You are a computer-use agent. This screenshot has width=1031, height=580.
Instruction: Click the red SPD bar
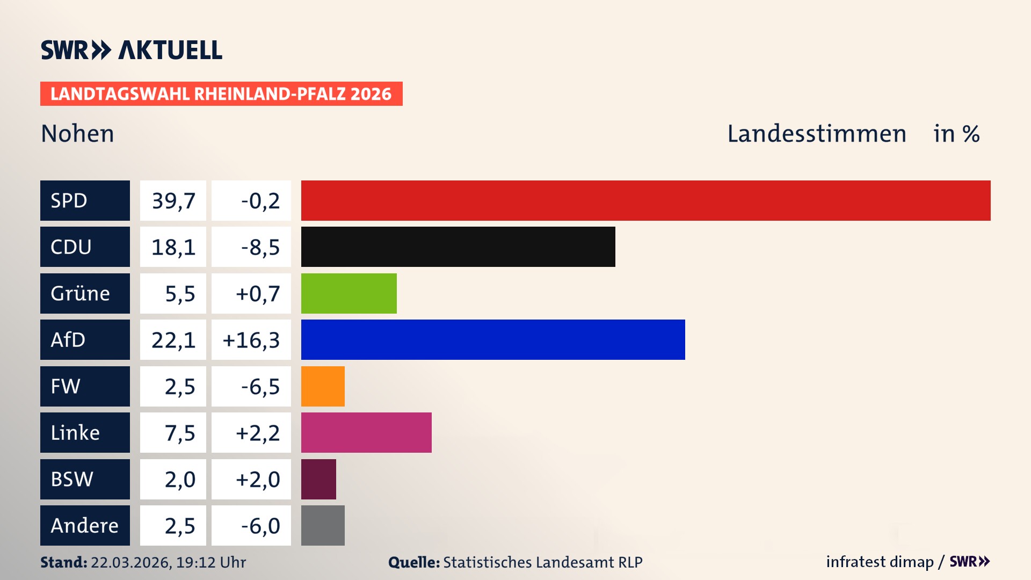pyautogui.click(x=645, y=200)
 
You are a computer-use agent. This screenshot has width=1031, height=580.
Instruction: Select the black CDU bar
pyautogui.click(x=458, y=247)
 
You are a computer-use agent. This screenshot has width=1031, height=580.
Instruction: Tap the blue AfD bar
pyautogui.click(x=493, y=339)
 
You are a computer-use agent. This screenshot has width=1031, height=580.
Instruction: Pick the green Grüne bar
pyautogui.click(x=348, y=293)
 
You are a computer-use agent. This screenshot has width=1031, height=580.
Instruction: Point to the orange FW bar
pyautogui.click(x=323, y=386)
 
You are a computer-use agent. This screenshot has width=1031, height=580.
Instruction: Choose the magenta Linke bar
pyautogui.click(x=366, y=432)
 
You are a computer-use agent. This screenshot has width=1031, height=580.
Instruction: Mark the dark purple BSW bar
pyautogui.click(x=318, y=479)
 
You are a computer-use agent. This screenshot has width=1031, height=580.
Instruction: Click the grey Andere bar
pyautogui.click(x=323, y=525)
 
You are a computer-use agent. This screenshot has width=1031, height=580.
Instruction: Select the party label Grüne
pyautogui.click(x=81, y=293)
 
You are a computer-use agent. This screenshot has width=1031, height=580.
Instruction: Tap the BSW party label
pyautogui.click(x=72, y=479)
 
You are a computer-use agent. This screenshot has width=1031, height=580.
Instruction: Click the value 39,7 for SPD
pyautogui.click(x=173, y=201)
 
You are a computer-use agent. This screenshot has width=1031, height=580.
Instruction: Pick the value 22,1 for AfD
pyautogui.click(x=173, y=340)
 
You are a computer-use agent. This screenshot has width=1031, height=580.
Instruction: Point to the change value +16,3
pyautogui.click(x=251, y=340)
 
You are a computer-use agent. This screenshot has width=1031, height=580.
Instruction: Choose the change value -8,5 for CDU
pyautogui.click(x=260, y=247)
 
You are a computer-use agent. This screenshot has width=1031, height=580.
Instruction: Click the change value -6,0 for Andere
pyautogui.click(x=260, y=526)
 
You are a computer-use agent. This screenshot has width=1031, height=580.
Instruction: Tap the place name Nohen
pyautogui.click(x=77, y=133)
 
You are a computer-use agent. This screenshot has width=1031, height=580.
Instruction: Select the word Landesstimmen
pyautogui.click(x=816, y=133)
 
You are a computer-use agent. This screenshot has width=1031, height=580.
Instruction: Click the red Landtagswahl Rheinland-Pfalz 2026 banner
pyautogui.click(x=221, y=93)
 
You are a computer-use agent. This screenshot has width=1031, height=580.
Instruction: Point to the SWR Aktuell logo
pyautogui.click(x=131, y=50)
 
